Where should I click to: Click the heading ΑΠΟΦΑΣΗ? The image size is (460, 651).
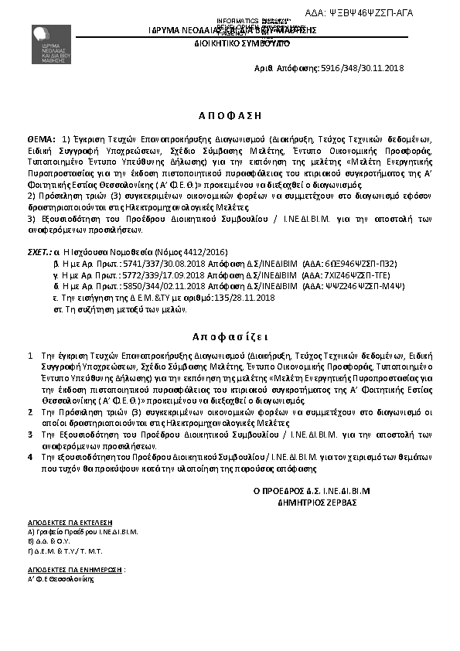(230, 114)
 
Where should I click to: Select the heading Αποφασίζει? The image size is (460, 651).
(230, 338)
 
